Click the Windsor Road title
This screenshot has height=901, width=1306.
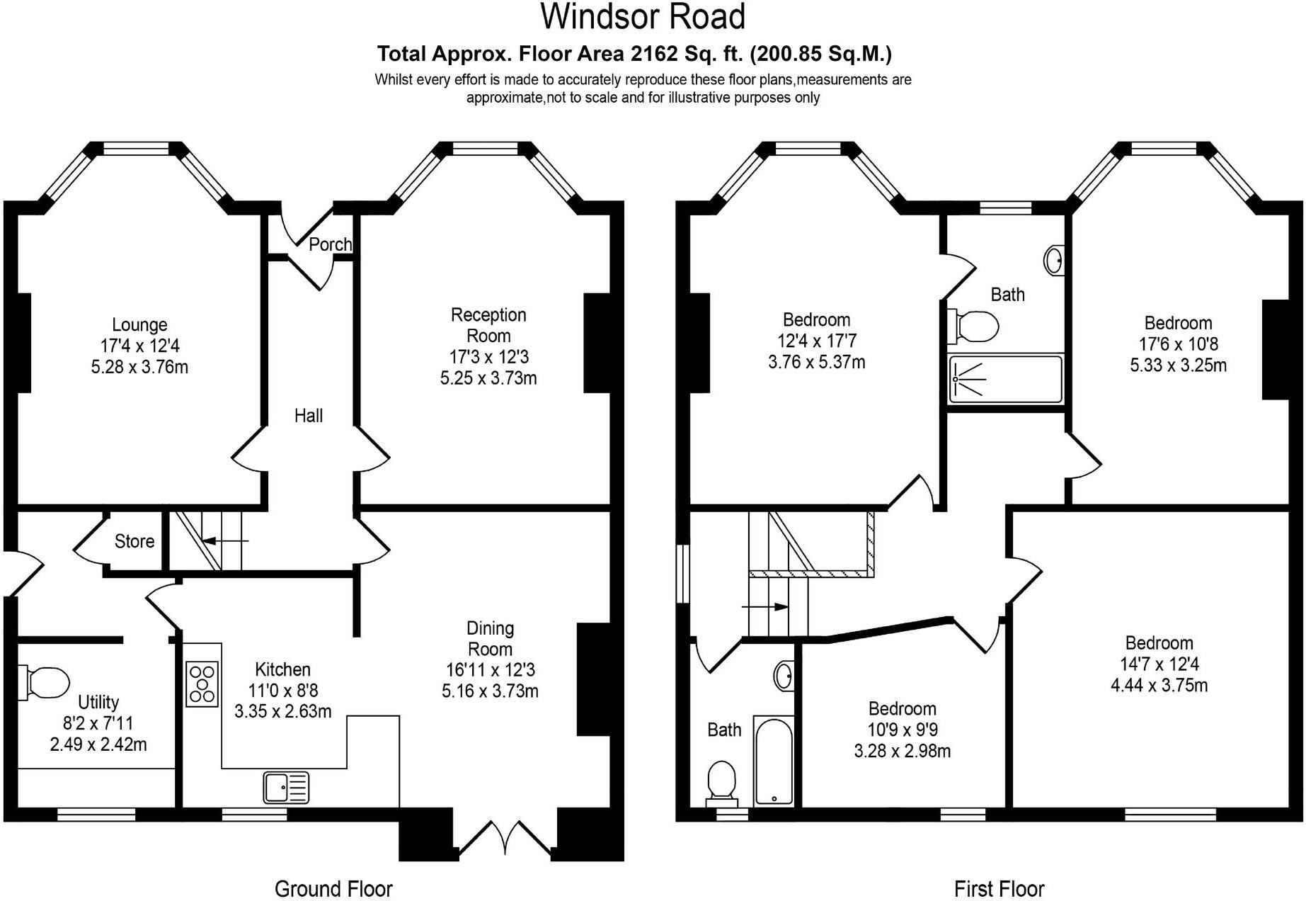click(643, 17)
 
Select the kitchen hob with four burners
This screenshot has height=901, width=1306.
click(202, 684)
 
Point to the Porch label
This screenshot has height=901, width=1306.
click(330, 244)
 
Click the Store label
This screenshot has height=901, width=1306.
click(134, 541)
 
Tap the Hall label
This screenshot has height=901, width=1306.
click(309, 416)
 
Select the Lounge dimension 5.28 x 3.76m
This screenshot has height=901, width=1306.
click(139, 368)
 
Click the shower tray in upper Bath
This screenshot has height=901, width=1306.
click(1005, 379)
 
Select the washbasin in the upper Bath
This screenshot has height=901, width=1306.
click(1054, 260)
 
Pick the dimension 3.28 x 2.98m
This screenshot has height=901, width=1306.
click(902, 751)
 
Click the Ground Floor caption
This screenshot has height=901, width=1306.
click(333, 888)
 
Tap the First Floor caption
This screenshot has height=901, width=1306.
click(999, 888)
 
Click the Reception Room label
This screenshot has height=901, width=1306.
click(488, 325)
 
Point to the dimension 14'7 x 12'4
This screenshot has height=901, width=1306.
click(1159, 664)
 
